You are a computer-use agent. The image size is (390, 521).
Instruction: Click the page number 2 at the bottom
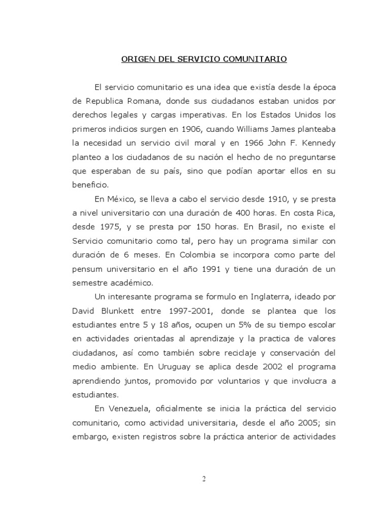(x=202, y=478)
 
